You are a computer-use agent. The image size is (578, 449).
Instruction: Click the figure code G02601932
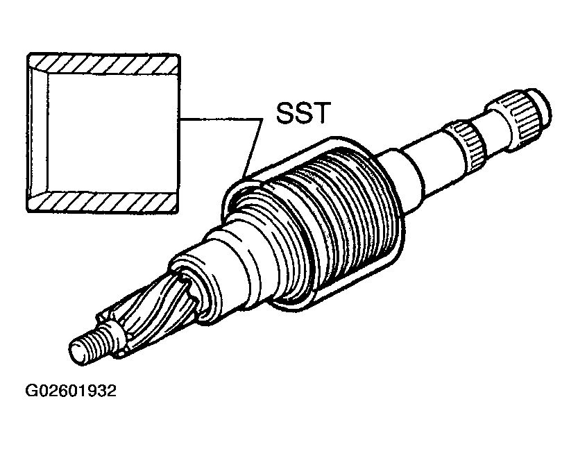[x=70, y=391]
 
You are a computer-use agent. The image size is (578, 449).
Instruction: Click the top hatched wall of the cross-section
[x=104, y=62]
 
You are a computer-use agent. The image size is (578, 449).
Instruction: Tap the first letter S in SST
[x=285, y=113]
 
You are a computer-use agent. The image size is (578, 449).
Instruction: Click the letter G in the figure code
[x=31, y=391]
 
